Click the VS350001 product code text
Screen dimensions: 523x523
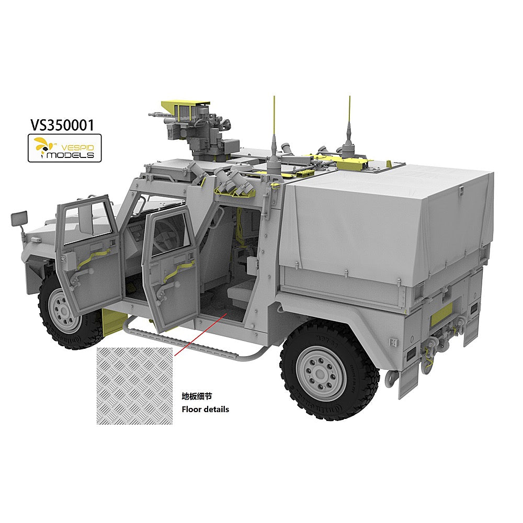[62, 125]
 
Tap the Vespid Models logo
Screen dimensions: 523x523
[64, 148]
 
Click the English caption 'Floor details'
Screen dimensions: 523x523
[205, 410]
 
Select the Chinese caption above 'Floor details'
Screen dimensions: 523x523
[197, 396]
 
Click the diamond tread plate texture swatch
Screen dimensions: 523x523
[135, 386]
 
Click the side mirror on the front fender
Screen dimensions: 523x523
[19, 219]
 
